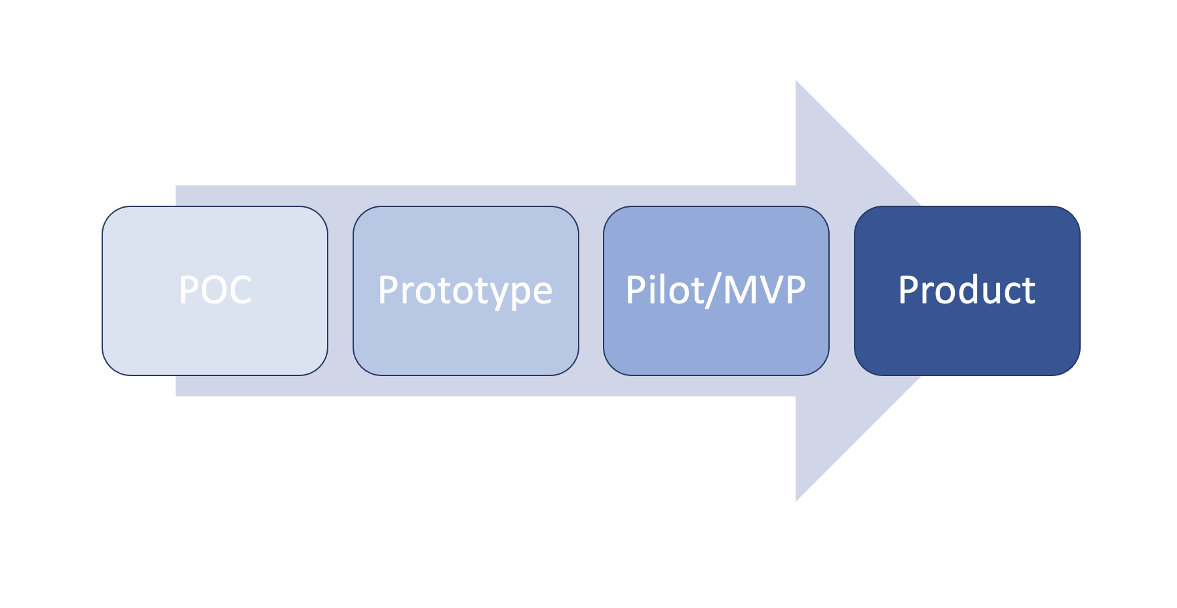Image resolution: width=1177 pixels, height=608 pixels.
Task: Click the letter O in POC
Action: (215, 290)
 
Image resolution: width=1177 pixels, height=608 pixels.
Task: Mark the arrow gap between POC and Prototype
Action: (340, 291)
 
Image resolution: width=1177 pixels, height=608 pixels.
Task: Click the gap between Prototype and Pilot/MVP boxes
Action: (591, 291)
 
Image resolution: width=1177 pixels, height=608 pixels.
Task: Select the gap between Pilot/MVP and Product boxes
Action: (841, 291)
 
